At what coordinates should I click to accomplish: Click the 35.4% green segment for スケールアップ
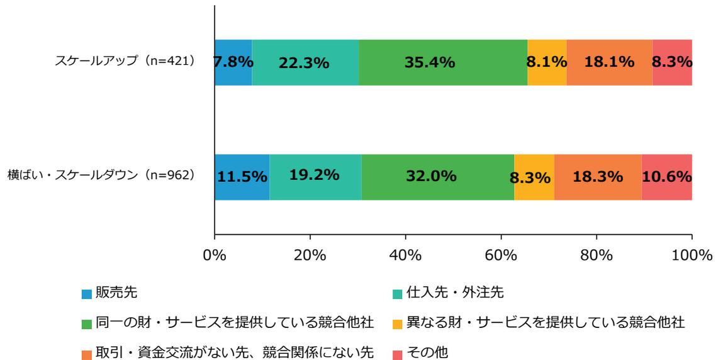click(x=443, y=62)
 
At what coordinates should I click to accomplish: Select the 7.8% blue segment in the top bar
click(x=233, y=62)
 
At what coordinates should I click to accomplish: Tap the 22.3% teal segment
click(x=305, y=62)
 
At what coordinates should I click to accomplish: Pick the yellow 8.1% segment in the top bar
click(x=547, y=62)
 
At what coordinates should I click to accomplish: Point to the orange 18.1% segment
click(x=609, y=62)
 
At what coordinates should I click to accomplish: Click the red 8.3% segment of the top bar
click(x=672, y=62)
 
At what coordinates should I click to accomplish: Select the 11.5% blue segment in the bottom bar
click(x=242, y=177)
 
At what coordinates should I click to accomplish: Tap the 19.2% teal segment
click(x=315, y=177)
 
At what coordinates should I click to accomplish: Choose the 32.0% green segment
click(x=437, y=177)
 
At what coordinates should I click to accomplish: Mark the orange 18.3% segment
click(x=598, y=177)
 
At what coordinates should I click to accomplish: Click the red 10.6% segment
click(x=666, y=177)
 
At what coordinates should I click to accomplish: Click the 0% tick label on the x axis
click(x=215, y=256)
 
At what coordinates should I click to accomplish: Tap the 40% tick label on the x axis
click(x=406, y=256)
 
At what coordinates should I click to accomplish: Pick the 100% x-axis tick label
click(x=691, y=256)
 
